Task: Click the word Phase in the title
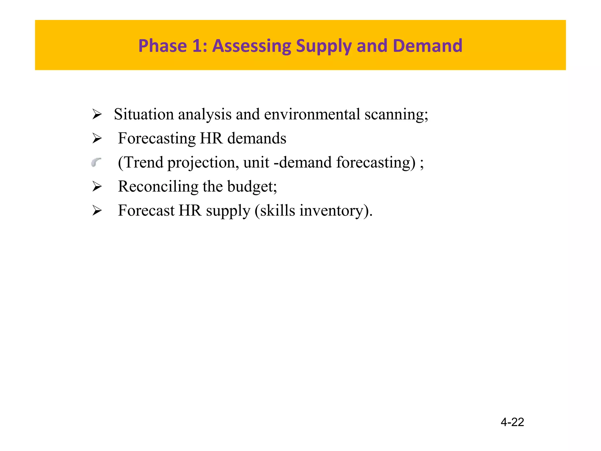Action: [x=162, y=46]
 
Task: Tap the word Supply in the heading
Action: [x=323, y=46]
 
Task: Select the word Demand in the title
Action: [x=427, y=46]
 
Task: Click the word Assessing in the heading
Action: [x=251, y=46]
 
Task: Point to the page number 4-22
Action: [x=512, y=422]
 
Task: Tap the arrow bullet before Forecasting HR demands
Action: [x=97, y=138]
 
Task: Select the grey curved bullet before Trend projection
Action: [x=96, y=162]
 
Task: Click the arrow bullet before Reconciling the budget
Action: [x=97, y=186]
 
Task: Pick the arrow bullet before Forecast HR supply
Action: [x=97, y=211]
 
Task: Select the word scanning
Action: [x=396, y=115]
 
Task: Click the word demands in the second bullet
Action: [x=257, y=138]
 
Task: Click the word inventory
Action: [x=335, y=211]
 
